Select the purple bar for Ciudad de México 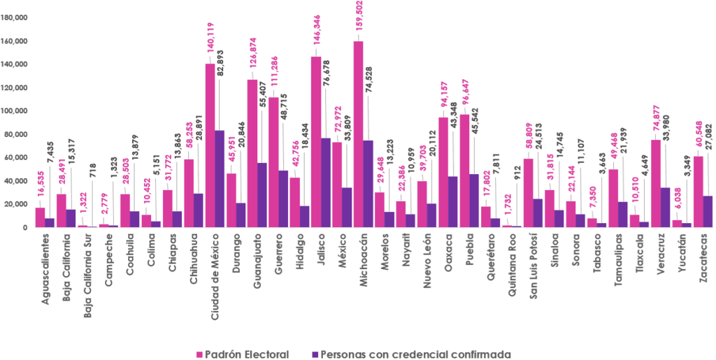pos(220,178)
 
